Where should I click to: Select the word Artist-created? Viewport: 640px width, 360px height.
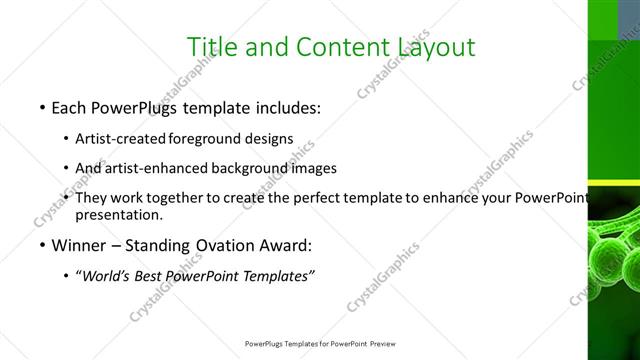click(121, 137)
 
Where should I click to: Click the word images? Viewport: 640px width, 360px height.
click(314, 168)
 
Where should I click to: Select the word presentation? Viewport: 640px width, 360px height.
click(119, 214)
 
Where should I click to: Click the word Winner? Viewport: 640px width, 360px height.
click(77, 245)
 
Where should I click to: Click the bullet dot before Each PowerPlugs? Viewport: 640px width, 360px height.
click(41, 106)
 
